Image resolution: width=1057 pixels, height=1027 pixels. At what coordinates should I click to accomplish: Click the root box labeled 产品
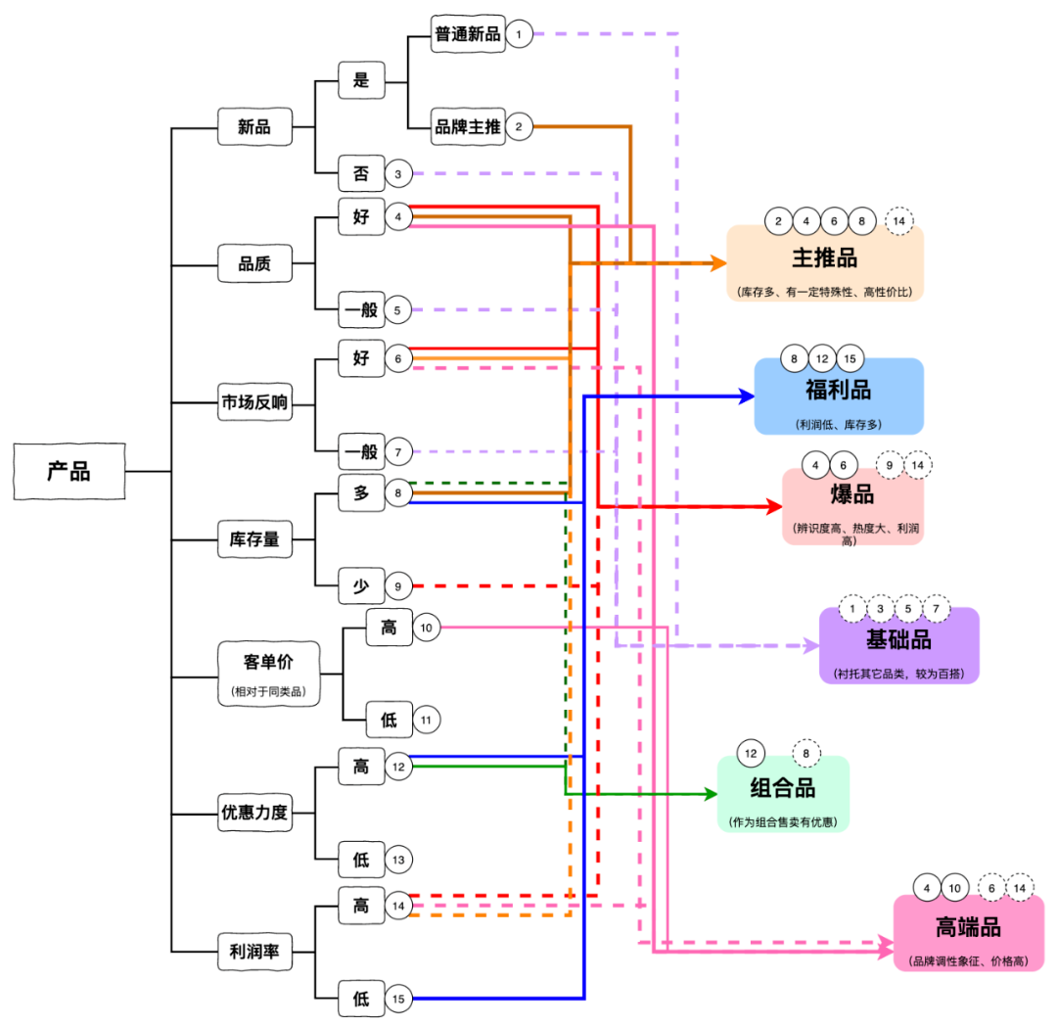pyautogui.click(x=69, y=471)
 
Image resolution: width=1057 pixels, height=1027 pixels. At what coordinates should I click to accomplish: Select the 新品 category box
pyautogui.click(x=254, y=126)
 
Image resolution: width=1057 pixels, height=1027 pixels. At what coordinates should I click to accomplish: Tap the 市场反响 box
pyautogui.click(x=254, y=402)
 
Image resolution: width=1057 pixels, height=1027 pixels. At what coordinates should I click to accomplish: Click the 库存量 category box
pyautogui.click(x=254, y=538)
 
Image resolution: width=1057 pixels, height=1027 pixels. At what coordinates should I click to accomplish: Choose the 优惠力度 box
pyautogui.click(x=254, y=813)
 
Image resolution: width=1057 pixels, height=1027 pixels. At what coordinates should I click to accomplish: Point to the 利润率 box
pyautogui.click(x=254, y=950)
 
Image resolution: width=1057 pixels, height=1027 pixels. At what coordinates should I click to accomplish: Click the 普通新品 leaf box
pyautogui.click(x=468, y=34)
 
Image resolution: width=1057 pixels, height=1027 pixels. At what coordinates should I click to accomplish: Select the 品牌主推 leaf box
pyautogui.click(x=468, y=126)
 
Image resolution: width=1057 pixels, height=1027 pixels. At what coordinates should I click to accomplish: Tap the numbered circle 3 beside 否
pyautogui.click(x=398, y=174)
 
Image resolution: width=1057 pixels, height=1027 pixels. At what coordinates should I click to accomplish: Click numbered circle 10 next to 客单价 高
pyautogui.click(x=426, y=627)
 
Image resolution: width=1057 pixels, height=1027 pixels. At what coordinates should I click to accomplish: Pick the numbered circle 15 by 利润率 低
pyautogui.click(x=398, y=999)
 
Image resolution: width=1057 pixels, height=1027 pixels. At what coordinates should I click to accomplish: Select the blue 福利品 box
pyautogui.click(x=839, y=397)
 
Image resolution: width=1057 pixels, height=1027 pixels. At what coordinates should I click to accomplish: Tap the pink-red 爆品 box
pyautogui.click(x=852, y=507)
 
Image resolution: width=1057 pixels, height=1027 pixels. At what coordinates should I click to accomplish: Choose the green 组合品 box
pyautogui.click(x=783, y=794)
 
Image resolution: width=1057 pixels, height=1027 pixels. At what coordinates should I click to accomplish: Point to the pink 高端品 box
pyautogui.click(x=968, y=933)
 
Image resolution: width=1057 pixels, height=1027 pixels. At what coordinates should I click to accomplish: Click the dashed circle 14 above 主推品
pyautogui.click(x=899, y=221)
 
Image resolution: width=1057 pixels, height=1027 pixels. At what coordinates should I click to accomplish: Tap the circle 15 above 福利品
pyautogui.click(x=850, y=358)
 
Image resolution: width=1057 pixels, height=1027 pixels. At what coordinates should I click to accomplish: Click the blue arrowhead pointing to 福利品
pyautogui.click(x=746, y=397)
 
